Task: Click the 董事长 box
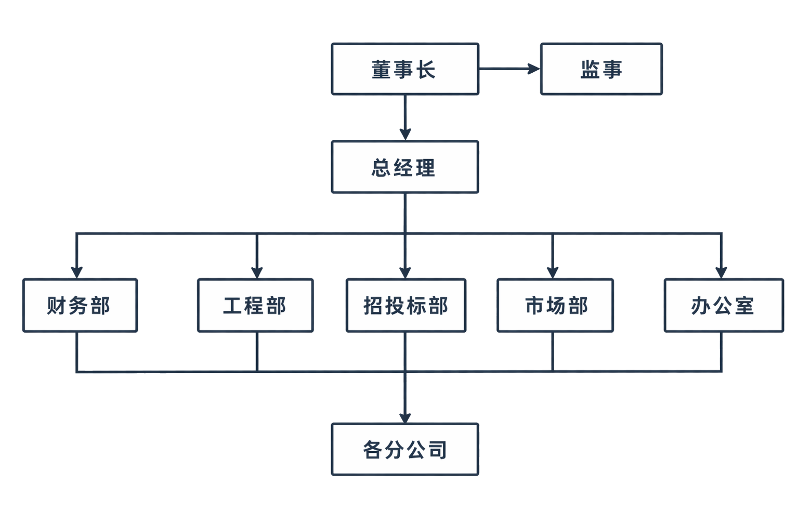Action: click(404, 69)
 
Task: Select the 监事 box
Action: click(601, 69)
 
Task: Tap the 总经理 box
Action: click(404, 167)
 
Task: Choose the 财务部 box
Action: click(80, 305)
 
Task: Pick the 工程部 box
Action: click(255, 305)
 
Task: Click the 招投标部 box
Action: click(406, 305)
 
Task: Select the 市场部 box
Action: click(555, 305)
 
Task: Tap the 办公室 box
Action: click(723, 305)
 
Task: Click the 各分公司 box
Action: click(404, 450)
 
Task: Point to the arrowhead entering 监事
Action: click(534, 69)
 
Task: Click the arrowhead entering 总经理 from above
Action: click(406, 134)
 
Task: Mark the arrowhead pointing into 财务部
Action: click(77, 272)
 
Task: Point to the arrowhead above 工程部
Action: click(257, 272)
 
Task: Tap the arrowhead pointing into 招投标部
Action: click(406, 272)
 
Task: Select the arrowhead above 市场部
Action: click(553, 272)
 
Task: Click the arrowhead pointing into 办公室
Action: click(721, 272)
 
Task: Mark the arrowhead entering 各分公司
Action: click(406, 417)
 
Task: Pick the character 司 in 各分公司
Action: click(437, 450)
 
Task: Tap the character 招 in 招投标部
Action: click(373, 305)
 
